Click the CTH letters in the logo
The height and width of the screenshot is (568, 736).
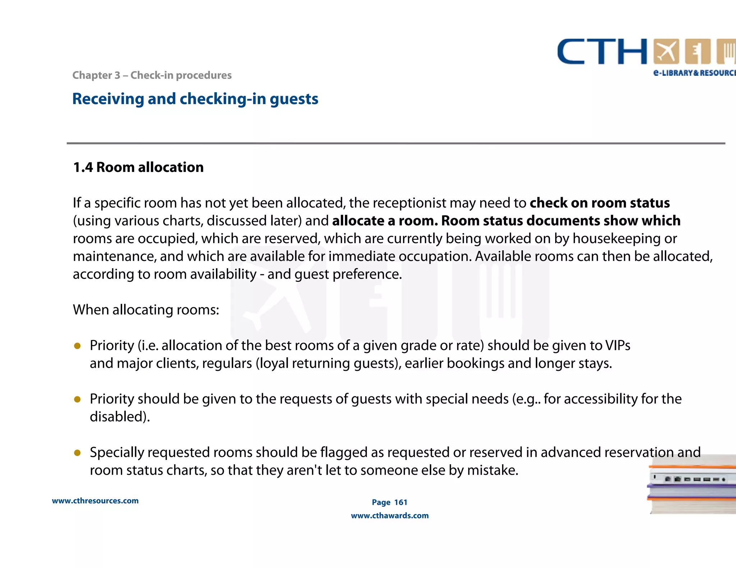pyautogui.click(x=602, y=52)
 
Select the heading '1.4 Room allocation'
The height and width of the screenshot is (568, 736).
pyautogui.click(x=138, y=167)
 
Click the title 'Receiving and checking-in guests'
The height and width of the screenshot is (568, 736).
pyautogui.click(x=195, y=99)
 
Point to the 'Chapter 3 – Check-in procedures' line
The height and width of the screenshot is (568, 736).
pyautogui.click(x=152, y=75)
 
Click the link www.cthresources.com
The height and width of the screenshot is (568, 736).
pyautogui.click(x=95, y=501)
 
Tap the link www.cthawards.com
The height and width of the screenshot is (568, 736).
pyautogui.click(x=390, y=516)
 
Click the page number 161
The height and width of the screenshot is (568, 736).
pyautogui.click(x=401, y=502)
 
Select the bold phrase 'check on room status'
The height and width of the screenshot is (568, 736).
pyautogui.click(x=599, y=203)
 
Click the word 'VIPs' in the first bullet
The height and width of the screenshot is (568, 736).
pyautogui.click(x=617, y=345)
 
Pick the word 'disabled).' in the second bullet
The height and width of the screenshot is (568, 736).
pyautogui.click(x=120, y=417)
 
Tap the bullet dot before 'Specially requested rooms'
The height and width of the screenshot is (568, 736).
pyautogui.click(x=77, y=453)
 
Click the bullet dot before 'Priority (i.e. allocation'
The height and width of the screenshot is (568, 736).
pyautogui.click(x=77, y=346)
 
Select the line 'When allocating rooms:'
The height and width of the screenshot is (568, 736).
pyautogui.click(x=146, y=310)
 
